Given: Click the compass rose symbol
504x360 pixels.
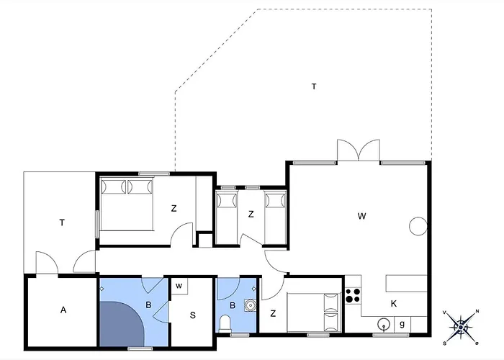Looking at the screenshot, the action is coord(461,327).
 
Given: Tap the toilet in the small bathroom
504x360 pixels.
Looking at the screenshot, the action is coord(225,323).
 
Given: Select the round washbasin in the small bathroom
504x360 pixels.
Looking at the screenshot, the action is coord(250,305).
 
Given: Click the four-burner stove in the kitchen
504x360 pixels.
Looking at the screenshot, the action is coord(353,296).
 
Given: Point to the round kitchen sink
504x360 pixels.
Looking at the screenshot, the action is coord(384,325).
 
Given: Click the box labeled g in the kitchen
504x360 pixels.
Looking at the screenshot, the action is coord(402,324).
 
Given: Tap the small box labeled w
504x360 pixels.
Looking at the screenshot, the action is coord(179,286).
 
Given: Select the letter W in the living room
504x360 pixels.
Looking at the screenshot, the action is coord(361,216).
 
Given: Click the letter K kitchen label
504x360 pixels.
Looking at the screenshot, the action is coord(393,303).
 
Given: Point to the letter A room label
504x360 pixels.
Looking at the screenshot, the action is coord(63,310).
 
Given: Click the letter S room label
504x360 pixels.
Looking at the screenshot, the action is coord(192,315).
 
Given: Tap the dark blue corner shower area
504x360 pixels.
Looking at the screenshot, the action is coord(121,324).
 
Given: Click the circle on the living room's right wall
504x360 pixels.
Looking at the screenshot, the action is coord(418,226).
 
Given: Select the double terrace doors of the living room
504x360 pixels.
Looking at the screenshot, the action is coord(359,150).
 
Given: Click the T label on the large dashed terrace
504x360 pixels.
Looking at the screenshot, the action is coord(314,86).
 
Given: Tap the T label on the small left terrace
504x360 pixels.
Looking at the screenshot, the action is coord(62,222).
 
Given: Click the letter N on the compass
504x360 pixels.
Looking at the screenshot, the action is coord(477,311).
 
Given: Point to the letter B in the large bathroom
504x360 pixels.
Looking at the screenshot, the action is coord(148,305).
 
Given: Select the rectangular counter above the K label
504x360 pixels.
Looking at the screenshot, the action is coord(406,284).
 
